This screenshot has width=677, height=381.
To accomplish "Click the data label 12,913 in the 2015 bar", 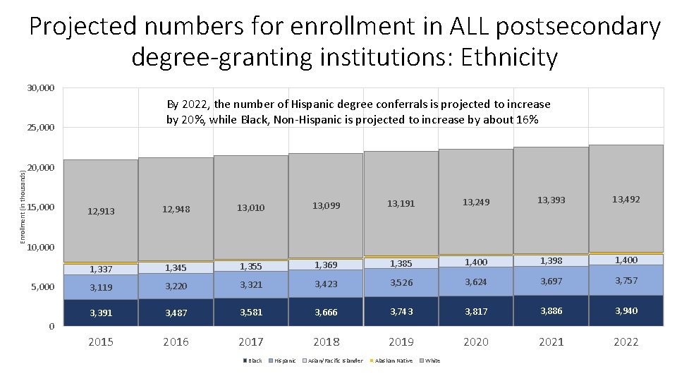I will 100,211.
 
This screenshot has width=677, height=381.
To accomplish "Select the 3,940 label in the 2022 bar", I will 626,310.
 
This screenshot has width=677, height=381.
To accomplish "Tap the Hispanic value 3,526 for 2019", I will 401,284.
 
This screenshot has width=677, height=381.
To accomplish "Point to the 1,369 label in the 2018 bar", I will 326,265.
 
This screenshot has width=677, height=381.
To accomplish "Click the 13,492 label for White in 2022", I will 626,200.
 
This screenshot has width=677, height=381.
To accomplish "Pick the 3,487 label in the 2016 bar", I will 176,313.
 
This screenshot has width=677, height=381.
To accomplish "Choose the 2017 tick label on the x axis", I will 250,342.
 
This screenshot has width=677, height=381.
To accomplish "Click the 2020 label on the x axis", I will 476,342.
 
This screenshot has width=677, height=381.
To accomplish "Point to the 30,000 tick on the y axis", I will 41,88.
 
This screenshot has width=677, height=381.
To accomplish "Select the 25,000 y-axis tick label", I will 41,128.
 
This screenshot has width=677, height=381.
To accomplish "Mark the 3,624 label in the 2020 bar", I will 476,282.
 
